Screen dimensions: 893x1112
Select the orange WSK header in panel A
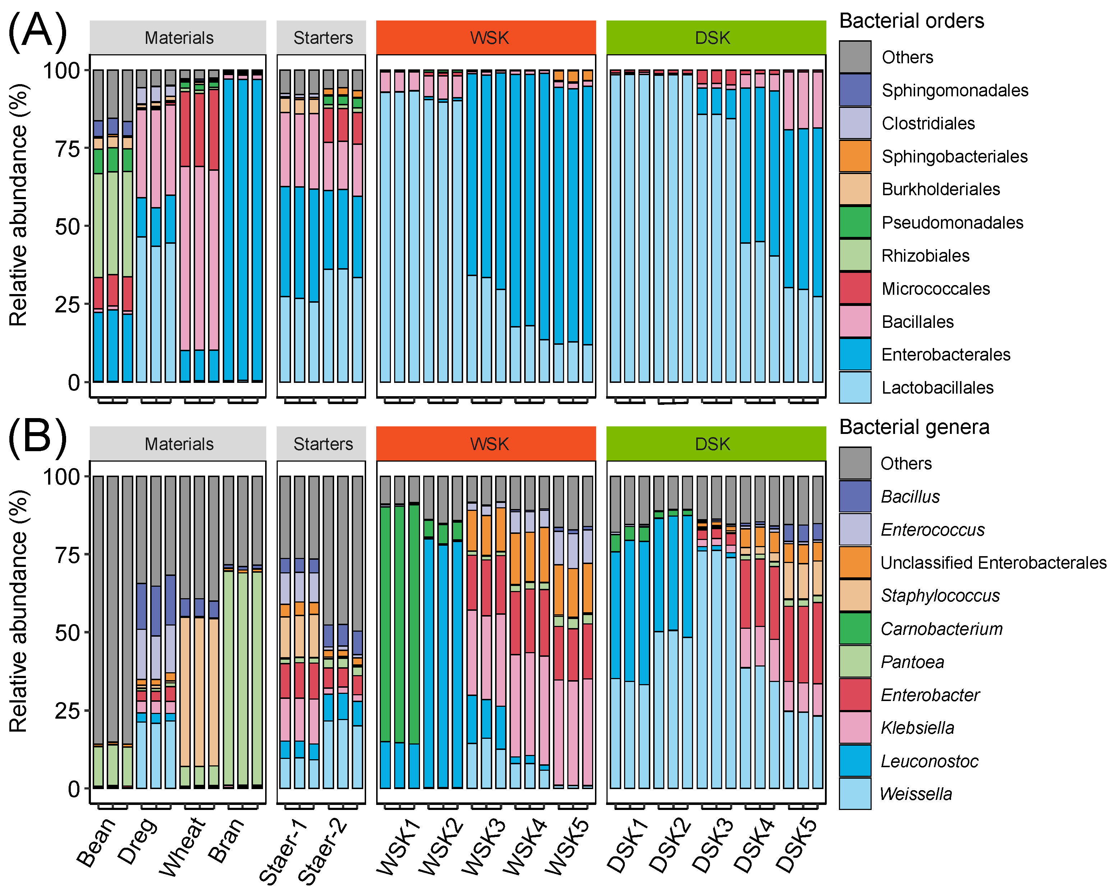486,38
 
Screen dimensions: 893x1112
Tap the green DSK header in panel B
716,444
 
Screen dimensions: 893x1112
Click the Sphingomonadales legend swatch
855,90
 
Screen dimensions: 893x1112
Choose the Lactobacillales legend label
937,388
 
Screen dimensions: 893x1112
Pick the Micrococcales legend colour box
855,289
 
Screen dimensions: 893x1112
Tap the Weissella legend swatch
855,794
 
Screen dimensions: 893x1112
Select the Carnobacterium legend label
941,629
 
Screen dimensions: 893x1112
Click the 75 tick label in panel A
68,149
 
